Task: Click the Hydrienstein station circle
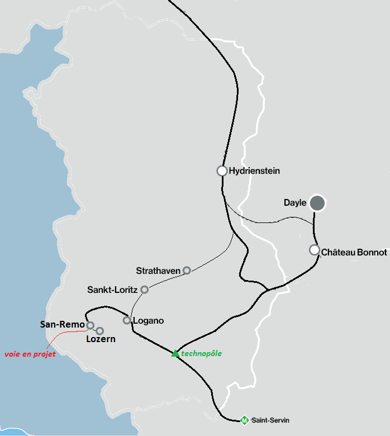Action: [222, 171]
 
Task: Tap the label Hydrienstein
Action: [254, 171]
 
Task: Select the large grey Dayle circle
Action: [317, 203]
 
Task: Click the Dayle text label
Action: [295, 203]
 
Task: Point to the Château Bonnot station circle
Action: [314, 250]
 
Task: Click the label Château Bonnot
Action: [354, 253]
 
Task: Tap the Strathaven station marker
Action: [187, 271]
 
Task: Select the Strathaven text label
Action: [158, 271]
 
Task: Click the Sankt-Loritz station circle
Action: [144, 290]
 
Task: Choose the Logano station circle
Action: [127, 320]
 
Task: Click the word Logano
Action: [149, 321]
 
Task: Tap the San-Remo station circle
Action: [90, 325]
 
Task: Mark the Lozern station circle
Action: [100, 331]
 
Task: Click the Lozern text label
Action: [101, 339]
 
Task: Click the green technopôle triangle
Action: [175, 353]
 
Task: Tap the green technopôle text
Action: [202, 353]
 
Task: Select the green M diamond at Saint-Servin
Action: [244, 420]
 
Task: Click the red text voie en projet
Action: [30, 354]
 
